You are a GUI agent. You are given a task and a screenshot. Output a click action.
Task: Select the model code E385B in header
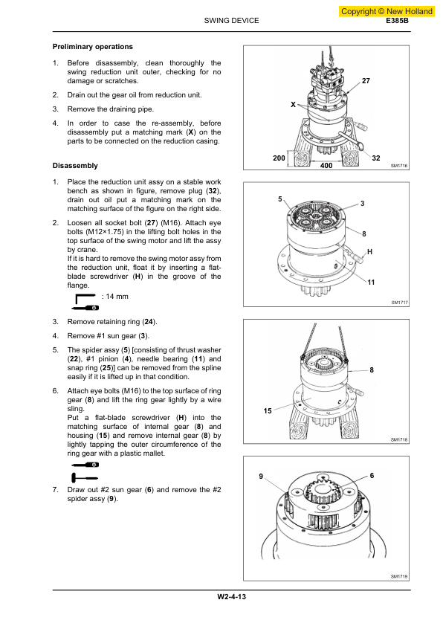pyautogui.click(x=398, y=21)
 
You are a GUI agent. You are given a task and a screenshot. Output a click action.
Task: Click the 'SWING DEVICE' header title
pyautogui.click(x=231, y=21)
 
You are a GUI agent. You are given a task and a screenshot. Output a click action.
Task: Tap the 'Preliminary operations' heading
pyautogui.click(x=93, y=47)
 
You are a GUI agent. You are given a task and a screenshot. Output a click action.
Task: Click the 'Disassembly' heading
pyautogui.click(x=75, y=165)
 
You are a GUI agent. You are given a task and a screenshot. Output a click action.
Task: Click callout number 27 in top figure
pyautogui.click(x=366, y=80)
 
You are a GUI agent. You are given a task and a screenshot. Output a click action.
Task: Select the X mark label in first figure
pyautogui.click(x=293, y=104)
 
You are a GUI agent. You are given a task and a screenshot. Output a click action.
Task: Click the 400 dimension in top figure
pyautogui.click(x=326, y=166)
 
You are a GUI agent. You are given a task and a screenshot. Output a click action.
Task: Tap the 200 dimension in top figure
pyautogui.click(x=279, y=159)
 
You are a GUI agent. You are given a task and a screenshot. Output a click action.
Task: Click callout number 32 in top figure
pyautogui.click(x=376, y=158)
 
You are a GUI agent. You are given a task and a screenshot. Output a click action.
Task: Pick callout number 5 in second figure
pyautogui.click(x=280, y=200)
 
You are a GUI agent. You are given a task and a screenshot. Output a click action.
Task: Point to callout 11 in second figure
pyautogui.click(x=371, y=283)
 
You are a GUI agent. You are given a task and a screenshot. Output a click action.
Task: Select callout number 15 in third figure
pyautogui.click(x=268, y=410)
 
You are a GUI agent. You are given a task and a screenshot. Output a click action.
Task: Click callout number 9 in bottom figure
pyautogui.click(x=261, y=475)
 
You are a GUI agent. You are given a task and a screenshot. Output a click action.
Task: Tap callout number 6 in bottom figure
pyautogui.click(x=372, y=475)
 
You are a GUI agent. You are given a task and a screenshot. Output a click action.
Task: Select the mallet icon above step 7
pyautogui.click(x=86, y=477)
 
